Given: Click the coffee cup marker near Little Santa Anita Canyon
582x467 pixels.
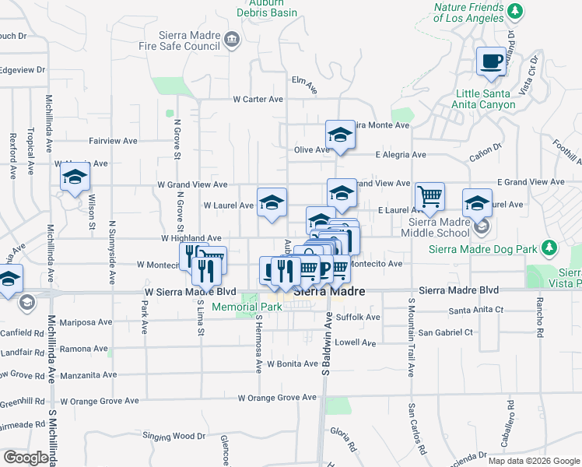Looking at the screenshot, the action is click(x=491, y=61).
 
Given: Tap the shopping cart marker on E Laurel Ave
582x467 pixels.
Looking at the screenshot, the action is click(x=429, y=195).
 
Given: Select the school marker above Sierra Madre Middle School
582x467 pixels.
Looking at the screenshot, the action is click(x=478, y=203).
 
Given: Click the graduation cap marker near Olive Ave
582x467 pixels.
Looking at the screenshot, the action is click(x=340, y=135).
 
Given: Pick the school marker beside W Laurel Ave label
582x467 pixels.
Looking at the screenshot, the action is click(x=272, y=202).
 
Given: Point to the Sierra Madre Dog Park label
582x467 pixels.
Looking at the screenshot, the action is click(x=483, y=249).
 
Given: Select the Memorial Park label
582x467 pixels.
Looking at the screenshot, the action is click(x=246, y=307).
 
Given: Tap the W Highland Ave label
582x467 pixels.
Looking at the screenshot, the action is click(x=191, y=238).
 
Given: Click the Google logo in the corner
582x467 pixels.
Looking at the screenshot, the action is click(x=26, y=458).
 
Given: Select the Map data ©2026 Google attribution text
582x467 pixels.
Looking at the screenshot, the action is click(x=533, y=461).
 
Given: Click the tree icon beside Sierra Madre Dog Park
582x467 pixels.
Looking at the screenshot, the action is click(x=550, y=248).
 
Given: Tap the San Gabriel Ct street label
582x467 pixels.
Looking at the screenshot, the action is click(x=445, y=332).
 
